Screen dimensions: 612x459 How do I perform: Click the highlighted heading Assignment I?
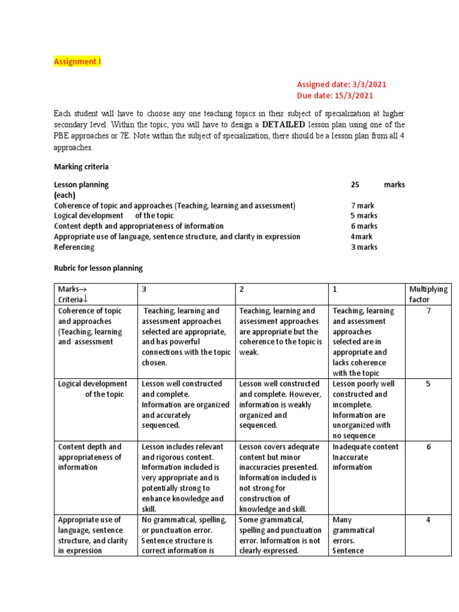pos(78,62)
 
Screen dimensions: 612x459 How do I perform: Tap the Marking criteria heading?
pos(81,166)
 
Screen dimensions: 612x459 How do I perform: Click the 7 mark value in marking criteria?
pos(362,206)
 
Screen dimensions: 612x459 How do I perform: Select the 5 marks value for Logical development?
pos(363,216)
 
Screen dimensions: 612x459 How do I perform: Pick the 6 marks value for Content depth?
pos(363,226)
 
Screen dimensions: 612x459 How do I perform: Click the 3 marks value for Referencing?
pos(363,247)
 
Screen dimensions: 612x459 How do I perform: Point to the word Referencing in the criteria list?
pos(74,247)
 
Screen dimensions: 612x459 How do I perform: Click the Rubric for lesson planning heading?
pos(98,268)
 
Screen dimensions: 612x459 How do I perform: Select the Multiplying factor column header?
pos(428,294)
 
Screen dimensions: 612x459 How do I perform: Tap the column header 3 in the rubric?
pos(145,289)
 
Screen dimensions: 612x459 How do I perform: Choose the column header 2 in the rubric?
pos(242,289)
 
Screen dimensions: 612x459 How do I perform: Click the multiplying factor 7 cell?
pos(428,311)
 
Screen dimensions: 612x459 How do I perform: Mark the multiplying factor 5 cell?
pos(428,384)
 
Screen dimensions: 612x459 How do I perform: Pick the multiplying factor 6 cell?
pos(428,447)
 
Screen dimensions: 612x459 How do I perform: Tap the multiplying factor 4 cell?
pos(428,520)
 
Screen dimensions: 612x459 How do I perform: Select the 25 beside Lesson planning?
pos(355,185)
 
